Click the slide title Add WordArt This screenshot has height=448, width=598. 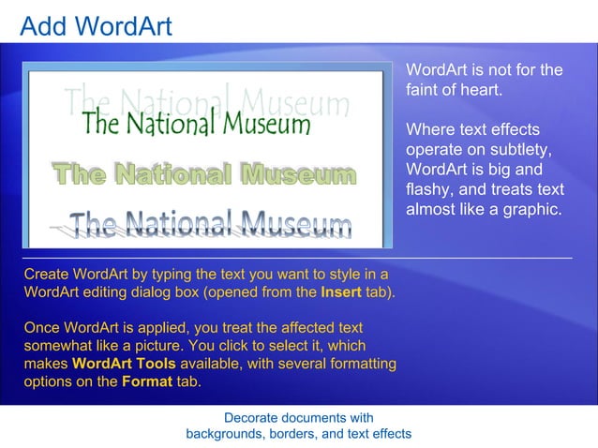point(96,25)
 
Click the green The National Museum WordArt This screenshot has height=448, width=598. point(195,123)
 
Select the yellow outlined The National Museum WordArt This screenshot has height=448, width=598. point(203,175)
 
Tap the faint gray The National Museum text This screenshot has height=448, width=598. point(206,97)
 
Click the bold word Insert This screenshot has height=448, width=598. point(341,292)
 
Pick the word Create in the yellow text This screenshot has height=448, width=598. point(46,274)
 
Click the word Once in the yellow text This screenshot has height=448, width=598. point(42,328)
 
